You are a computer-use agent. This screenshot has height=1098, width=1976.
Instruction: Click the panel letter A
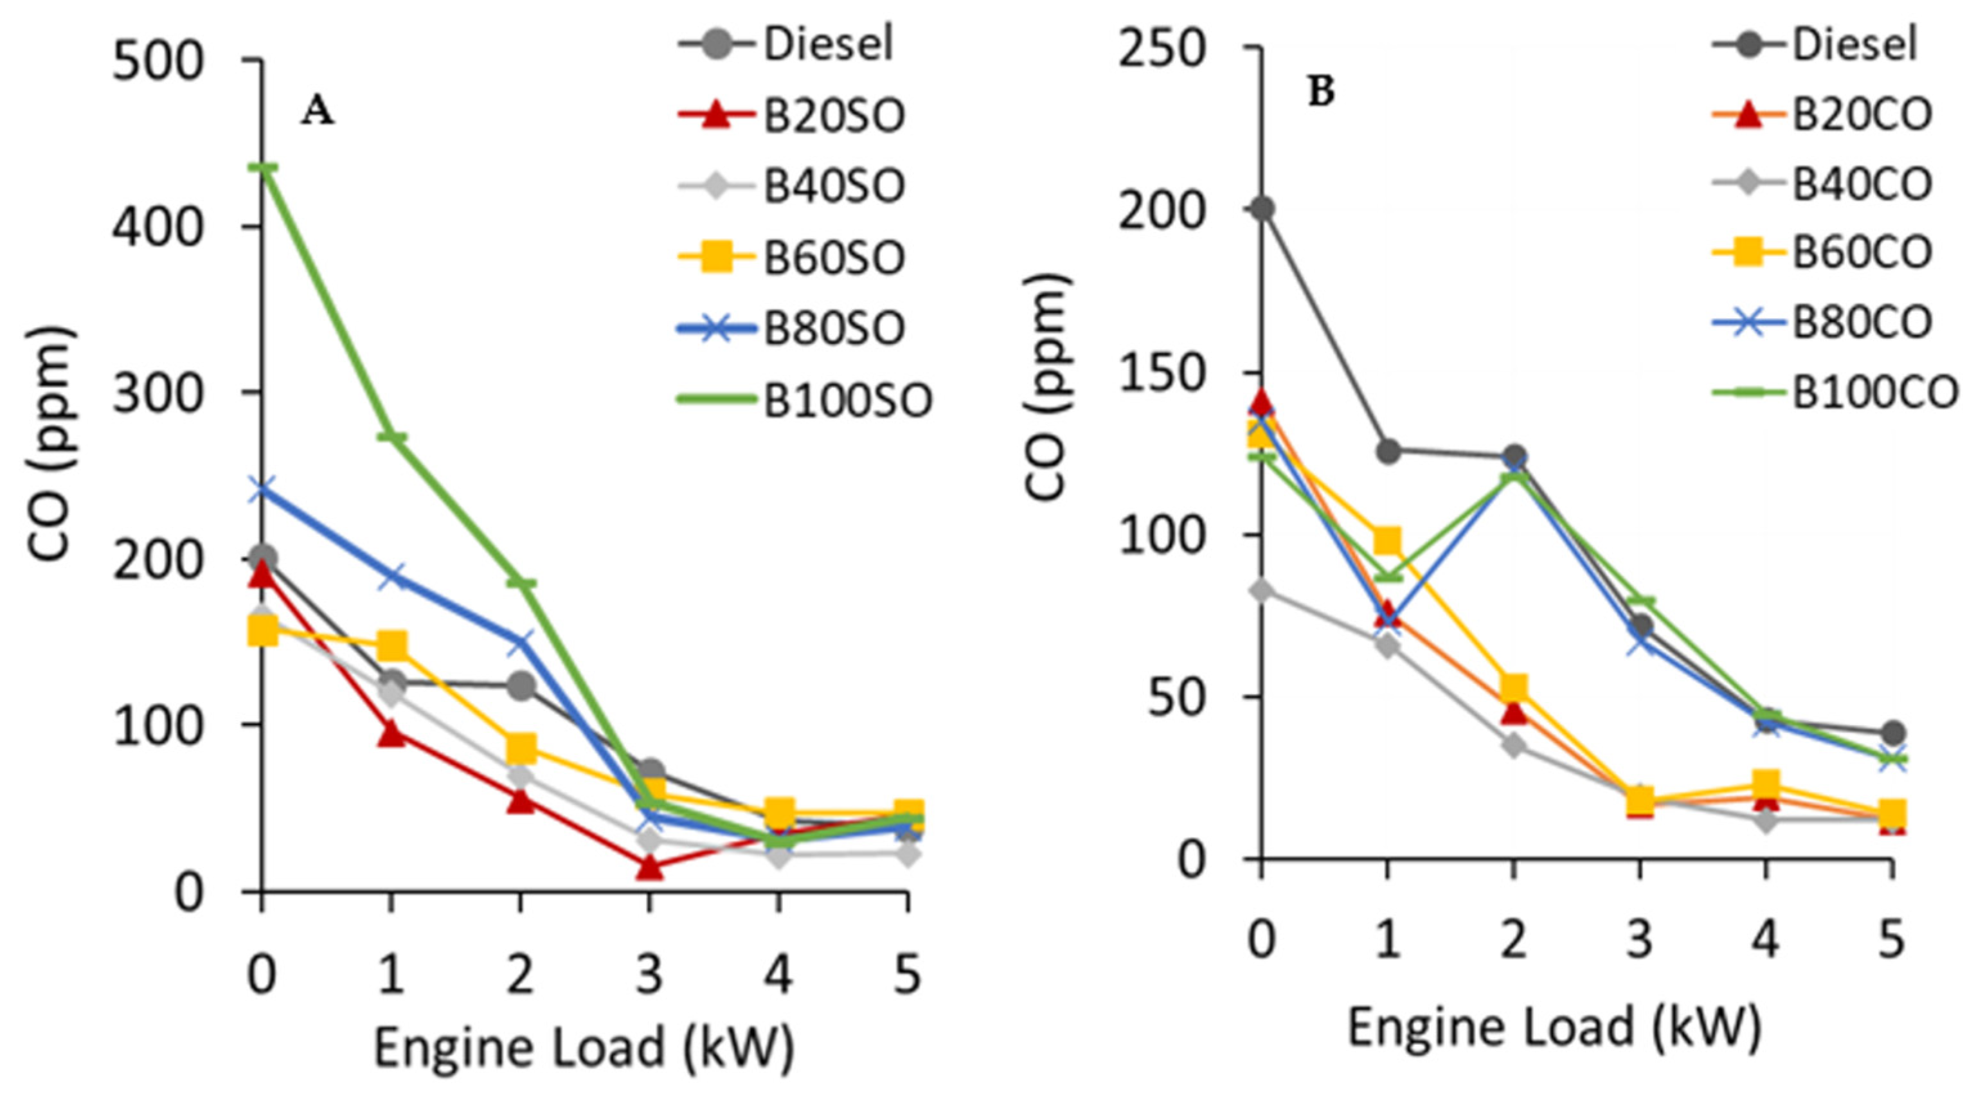point(318,112)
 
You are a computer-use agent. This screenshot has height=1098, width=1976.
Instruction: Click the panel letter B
point(1321,93)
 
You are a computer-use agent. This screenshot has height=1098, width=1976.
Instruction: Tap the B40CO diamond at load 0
point(1261,590)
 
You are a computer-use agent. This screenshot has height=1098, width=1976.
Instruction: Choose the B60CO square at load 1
point(1387,541)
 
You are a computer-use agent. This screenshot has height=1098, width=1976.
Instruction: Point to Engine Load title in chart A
point(583,1048)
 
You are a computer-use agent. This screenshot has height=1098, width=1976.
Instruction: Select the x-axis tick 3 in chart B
point(1639,938)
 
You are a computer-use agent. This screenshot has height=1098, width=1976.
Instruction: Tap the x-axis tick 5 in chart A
point(908,976)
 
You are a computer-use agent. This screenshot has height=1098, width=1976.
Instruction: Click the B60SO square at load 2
point(521,746)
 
